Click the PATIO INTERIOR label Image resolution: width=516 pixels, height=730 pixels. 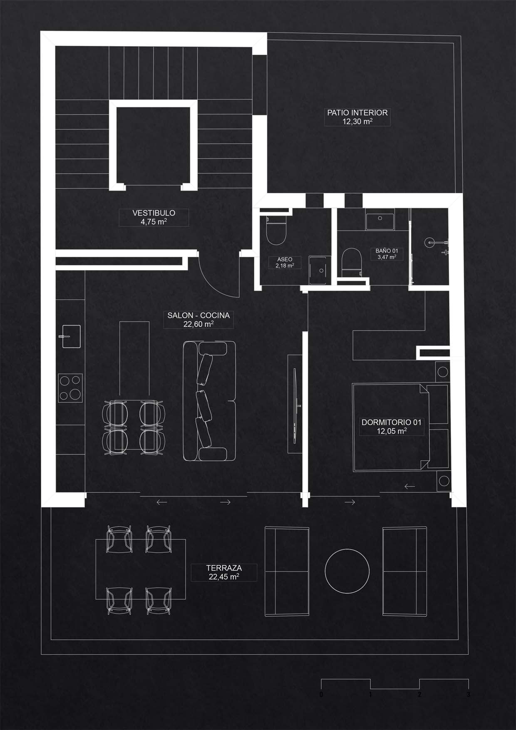tap(357, 112)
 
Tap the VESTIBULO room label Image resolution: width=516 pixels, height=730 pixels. tap(154, 213)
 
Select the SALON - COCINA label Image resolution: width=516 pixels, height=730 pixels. tap(198, 315)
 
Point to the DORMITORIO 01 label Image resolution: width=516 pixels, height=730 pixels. tap(392, 422)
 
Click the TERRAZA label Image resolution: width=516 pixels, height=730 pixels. tap(224, 568)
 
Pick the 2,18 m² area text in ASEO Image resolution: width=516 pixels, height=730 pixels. tap(285, 265)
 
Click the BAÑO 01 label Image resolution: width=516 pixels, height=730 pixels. tap(387, 251)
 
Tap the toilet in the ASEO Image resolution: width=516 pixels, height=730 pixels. tap(276, 231)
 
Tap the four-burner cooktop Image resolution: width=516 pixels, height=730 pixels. tap(70, 387)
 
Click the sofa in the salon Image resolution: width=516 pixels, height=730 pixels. tap(209, 401)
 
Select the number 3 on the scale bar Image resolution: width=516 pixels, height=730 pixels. tap(469, 695)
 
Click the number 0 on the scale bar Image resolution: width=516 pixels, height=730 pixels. tap(321, 695)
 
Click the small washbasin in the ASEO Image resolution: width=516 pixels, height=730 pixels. tap(320, 271)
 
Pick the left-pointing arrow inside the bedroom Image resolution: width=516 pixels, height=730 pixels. tap(409, 486)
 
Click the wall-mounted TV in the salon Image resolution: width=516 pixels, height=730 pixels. tap(295, 403)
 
